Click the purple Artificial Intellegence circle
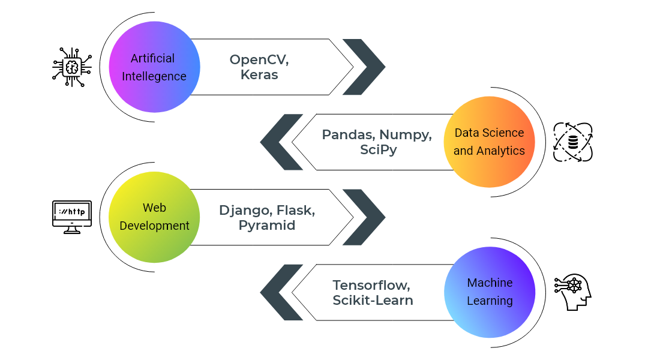click(154, 67)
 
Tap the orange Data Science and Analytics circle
click(489, 142)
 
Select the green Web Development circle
click(154, 217)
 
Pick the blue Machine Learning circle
click(489, 292)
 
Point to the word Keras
click(259, 75)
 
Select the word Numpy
click(406, 135)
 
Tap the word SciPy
click(378, 150)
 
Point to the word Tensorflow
click(371, 285)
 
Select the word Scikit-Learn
click(373, 300)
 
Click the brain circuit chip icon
click(72, 67)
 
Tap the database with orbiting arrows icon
click(572, 142)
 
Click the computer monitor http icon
click(72, 216)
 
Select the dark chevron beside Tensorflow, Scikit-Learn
click(281, 292)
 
